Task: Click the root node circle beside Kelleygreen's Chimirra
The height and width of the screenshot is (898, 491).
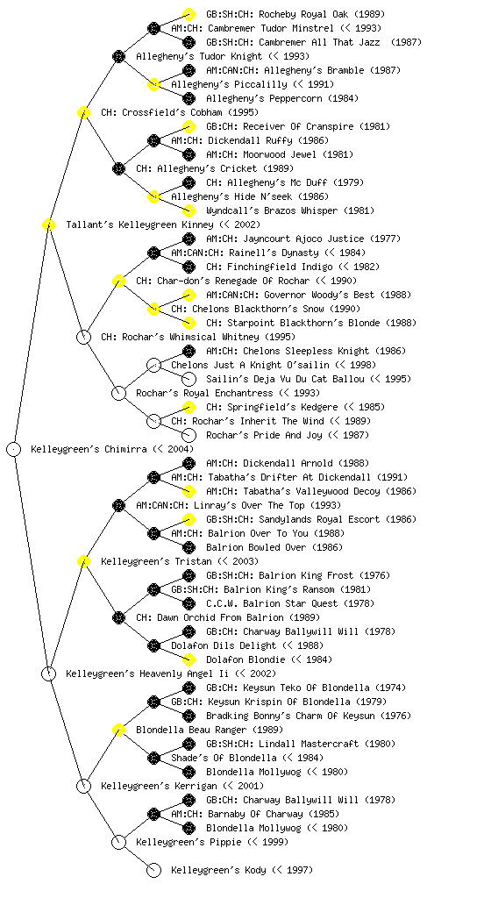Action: (x=14, y=449)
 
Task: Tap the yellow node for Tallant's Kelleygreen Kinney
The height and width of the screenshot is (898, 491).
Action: (x=48, y=224)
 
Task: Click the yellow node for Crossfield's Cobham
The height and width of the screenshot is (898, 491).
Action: (x=83, y=112)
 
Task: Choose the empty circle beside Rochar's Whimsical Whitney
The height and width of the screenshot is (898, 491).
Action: (x=83, y=337)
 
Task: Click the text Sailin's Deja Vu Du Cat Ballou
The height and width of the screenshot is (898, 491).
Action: (x=285, y=379)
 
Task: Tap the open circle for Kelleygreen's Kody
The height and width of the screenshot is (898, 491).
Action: (x=153, y=870)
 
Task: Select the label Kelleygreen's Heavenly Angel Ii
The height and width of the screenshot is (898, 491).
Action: (x=147, y=673)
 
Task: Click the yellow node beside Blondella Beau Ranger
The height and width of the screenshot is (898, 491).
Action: (x=118, y=730)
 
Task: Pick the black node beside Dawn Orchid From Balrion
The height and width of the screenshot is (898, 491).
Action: (x=118, y=617)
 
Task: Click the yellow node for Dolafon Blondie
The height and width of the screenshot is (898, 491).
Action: (x=189, y=659)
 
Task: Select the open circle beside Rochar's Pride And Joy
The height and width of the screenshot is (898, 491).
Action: (x=189, y=435)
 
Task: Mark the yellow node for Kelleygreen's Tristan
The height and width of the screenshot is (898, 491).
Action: (x=83, y=561)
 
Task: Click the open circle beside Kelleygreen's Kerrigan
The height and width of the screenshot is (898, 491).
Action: (x=83, y=786)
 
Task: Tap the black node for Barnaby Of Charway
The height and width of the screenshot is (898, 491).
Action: (x=153, y=814)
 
